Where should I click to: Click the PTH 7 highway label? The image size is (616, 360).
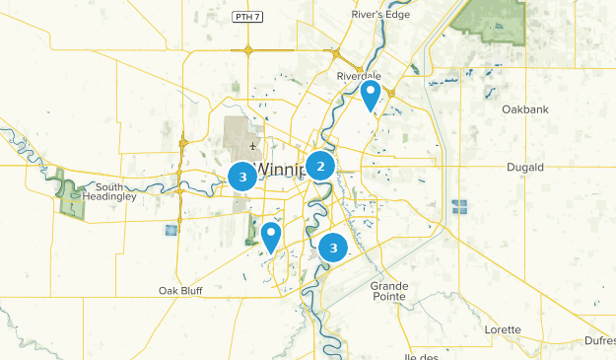pyautogui.click(x=247, y=17)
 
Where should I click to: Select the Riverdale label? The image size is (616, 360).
pyautogui.click(x=357, y=75)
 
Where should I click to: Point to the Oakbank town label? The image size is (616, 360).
pyautogui.click(x=524, y=108)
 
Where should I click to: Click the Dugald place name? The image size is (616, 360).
pyautogui.click(x=524, y=168)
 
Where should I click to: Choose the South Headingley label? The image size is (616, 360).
pyautogui.click(x=116, y=191)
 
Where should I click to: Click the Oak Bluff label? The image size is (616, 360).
pyautogui.click(x=180, y=291)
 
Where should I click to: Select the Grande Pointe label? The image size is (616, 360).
pyautogui.click(x=389, y=291)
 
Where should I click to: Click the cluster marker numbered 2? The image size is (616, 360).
pyautogui.click(x=320, y=167)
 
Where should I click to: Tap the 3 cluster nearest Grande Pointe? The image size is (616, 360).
pyautogui.click(x=334, y=248)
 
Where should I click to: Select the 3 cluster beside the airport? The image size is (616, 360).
pyautogui.click(x=242, y=177)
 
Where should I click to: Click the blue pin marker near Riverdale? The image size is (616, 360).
pyautogui.click(x=371, y=96)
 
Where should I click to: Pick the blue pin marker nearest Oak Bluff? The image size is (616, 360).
pyautogui.click(x=270, y=236)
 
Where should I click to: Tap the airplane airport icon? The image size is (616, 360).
pyautogui.click(x=253, y=146)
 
